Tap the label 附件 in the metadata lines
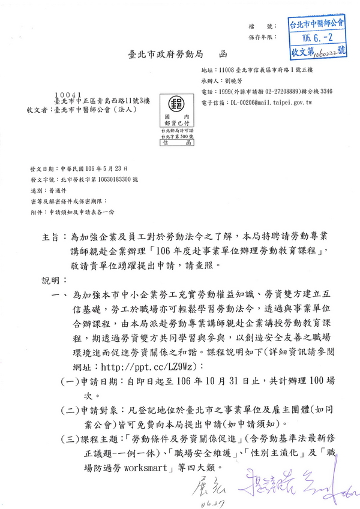[36, 213]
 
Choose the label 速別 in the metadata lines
[36, 191]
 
